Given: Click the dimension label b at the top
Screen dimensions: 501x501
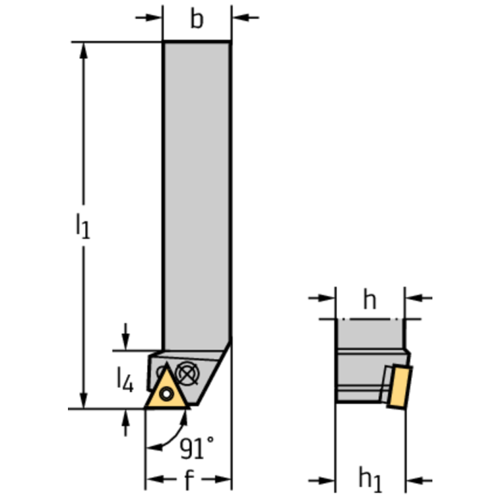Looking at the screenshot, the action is [197, 18].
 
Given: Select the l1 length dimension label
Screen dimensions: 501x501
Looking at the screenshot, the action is [83, 226].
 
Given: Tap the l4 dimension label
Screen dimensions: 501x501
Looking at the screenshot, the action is [125, 380].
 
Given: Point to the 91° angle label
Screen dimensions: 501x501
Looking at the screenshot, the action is [197, 447].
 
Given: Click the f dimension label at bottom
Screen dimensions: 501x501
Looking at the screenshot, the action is [189, 479].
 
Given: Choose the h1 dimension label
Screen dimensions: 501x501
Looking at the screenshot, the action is [370, 480].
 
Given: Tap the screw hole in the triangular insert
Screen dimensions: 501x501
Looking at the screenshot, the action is [167, 394].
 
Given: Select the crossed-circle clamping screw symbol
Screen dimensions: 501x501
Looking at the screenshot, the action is [188, 374].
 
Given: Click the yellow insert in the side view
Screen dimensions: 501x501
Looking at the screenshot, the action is [399, 387].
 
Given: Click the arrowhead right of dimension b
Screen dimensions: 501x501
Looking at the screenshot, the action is [240, 17].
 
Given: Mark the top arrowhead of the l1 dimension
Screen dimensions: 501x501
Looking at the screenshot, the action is [84, 50].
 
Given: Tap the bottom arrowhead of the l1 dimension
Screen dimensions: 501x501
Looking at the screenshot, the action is [84, 400].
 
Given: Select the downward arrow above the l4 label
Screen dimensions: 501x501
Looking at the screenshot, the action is [125, 337].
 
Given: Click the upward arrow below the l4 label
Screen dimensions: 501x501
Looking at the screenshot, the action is [125, 423].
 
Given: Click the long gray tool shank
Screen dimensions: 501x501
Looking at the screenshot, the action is [197, 195].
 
